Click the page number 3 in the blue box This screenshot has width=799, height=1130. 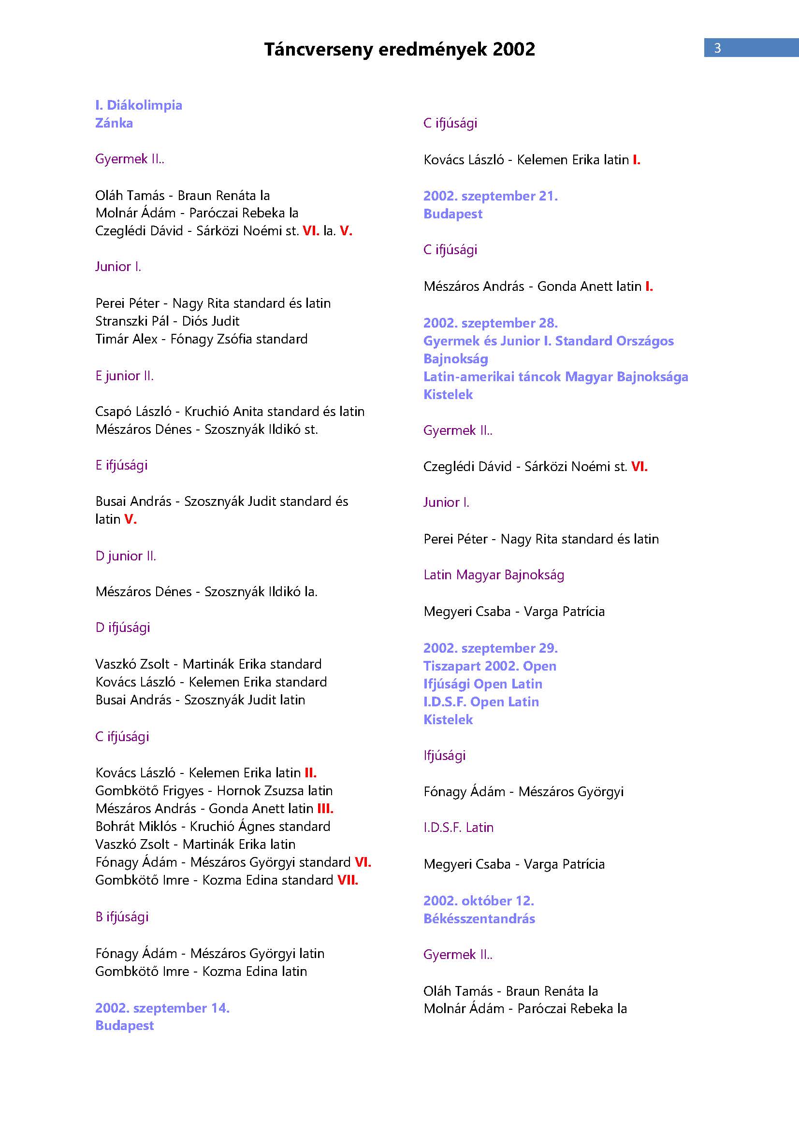pyautogui.click(x=717, y=48)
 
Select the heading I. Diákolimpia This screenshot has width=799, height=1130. pyautogui.click(x=138, y=105)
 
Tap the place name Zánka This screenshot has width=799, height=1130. pyautogui.click(x=114, y=123)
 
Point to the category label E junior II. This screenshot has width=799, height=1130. pyautogui.click(x=124, y=375)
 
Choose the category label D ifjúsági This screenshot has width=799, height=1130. pyautogui.click(x=123, y=628)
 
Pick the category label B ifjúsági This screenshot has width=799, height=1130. pyautogui.click(x=122, y=916)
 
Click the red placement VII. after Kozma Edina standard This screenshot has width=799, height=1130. pyautogui.click(x=348, y=880)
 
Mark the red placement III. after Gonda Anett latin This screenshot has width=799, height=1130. pyautogui.click(x=325, y=808)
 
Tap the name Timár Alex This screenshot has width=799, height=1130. pyautogui.click(x=126, y=339)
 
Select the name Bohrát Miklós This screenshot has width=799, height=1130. pyautogui.click(x=136, y=826)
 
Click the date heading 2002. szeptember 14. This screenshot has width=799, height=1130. pyautogui.click(x=162, y=1008)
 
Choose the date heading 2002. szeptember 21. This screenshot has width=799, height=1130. pyautogui.click(x=490, y=196)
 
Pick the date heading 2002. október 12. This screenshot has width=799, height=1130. pyautogui.click(x=479, y=901)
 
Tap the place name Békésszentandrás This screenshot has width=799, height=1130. pyautogui.click(x=479, y=918)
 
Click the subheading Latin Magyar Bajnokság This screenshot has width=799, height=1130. pyautogui.click(x=494, y=575)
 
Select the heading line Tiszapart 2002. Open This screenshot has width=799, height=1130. pyautogui.click(x=490, y=666)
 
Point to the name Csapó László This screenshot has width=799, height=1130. pyautogui.click(x=133, y=412)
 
